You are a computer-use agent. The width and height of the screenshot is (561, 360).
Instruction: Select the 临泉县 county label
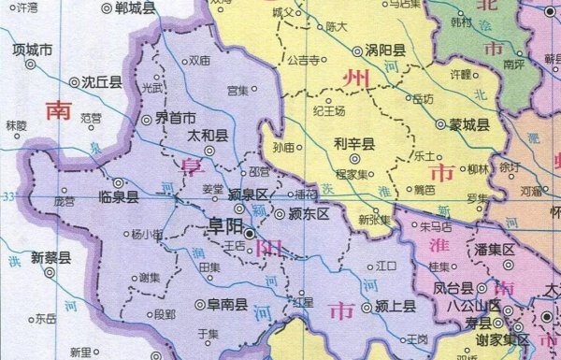(x=118, y=197)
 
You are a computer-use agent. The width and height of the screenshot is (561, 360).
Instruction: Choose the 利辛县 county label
(x=354, y=144)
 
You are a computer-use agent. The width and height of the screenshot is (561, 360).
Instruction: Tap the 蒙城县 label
(x=469, y=122)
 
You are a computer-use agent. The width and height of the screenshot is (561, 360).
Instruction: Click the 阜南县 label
(x=227, y=304)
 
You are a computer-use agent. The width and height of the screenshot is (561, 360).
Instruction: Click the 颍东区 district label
(x=309, y=214)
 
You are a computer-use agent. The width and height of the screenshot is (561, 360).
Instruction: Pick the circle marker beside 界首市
(x=146, y=120)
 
